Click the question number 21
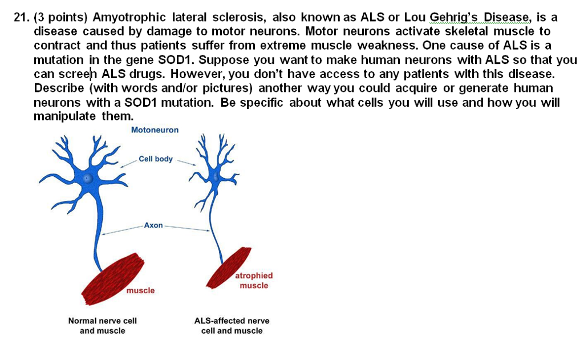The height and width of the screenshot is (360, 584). point(21,17)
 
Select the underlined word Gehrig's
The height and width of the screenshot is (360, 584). point(454,17)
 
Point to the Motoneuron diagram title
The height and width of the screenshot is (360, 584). point(155,130)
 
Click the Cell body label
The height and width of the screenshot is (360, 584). point(155,159)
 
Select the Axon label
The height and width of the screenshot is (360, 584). point(153,225)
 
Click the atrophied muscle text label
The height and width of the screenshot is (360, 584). point(254,280)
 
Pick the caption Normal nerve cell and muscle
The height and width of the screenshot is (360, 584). point(103,326)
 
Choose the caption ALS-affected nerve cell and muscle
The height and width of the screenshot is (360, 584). point(232,326)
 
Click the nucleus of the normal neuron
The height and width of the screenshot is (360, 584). point(87,178)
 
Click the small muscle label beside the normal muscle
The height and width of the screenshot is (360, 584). point(140,291)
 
